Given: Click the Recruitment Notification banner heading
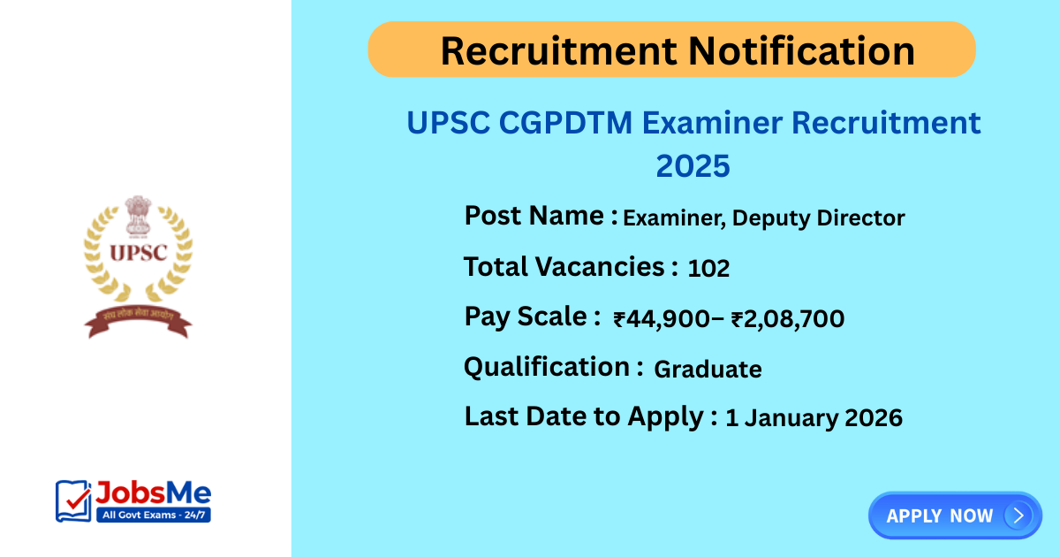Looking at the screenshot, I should coord(677,50).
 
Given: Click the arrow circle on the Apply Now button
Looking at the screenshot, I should coord(1018,515).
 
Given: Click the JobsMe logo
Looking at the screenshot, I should coord(133,500).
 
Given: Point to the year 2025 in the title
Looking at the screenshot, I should coord(693,165).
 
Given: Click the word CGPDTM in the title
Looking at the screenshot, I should coord(565,123).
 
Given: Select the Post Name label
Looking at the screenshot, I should coord(541,215).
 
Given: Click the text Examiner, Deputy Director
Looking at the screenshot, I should coord(764,217).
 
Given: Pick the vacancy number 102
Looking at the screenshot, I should coord(708,268).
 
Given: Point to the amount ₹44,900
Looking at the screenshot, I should coord(662,318).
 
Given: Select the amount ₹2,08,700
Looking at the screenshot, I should coord(787,318).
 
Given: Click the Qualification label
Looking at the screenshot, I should coord(553,366).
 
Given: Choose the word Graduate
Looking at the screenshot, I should coord(708,369).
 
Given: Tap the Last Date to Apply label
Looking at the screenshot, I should coord(590,416).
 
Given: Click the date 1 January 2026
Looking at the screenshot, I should coord(814,417).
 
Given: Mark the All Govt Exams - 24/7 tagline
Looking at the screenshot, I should coord(152,515).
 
